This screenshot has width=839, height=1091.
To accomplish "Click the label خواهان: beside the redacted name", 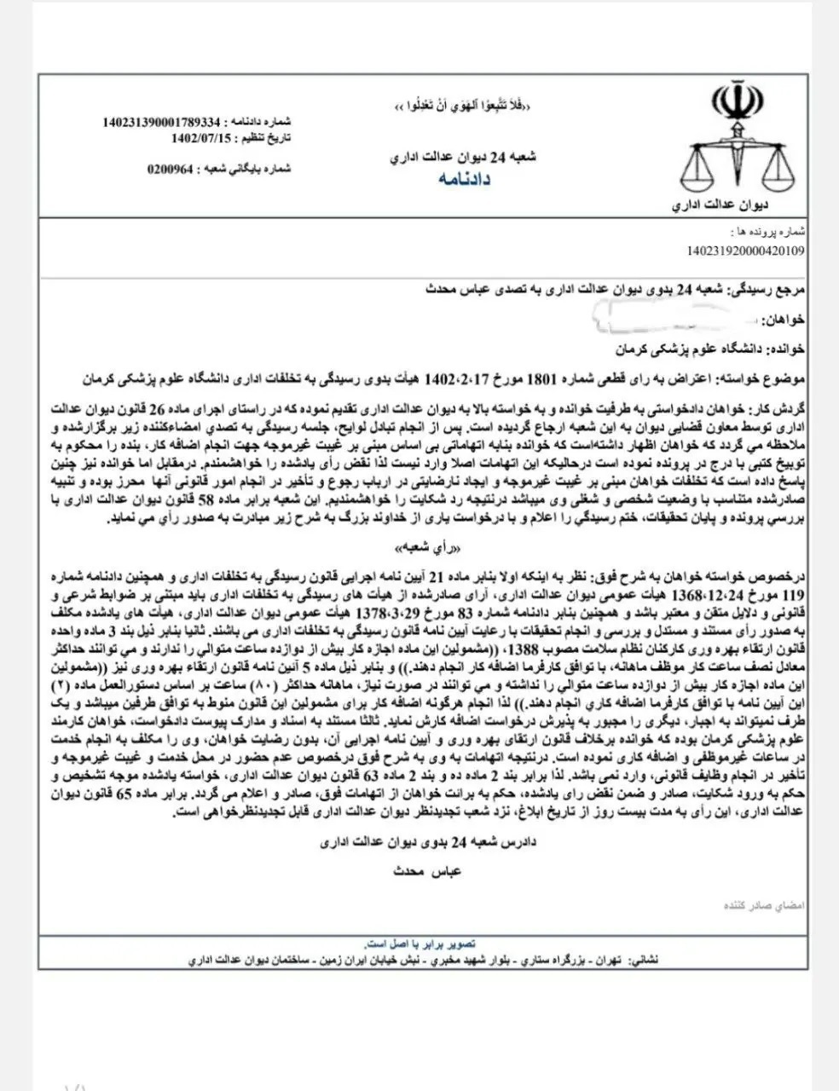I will pos(785,319).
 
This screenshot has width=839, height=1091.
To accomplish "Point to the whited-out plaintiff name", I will pos(682,319).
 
